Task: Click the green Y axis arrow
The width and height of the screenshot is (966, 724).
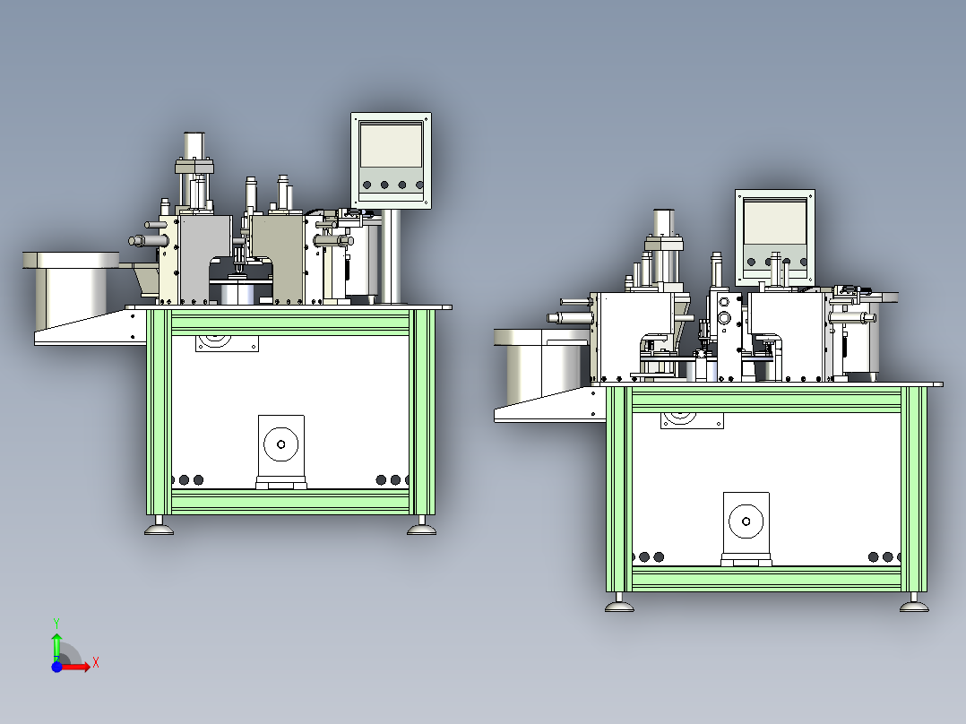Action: coord(56,645)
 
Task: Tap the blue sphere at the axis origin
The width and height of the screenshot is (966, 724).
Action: coord(56,666)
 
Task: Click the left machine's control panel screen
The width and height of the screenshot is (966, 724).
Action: coord(391,145)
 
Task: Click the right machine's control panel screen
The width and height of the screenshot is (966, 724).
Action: coord(775,222)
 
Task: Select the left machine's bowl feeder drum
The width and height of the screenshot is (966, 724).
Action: coord(71,289)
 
